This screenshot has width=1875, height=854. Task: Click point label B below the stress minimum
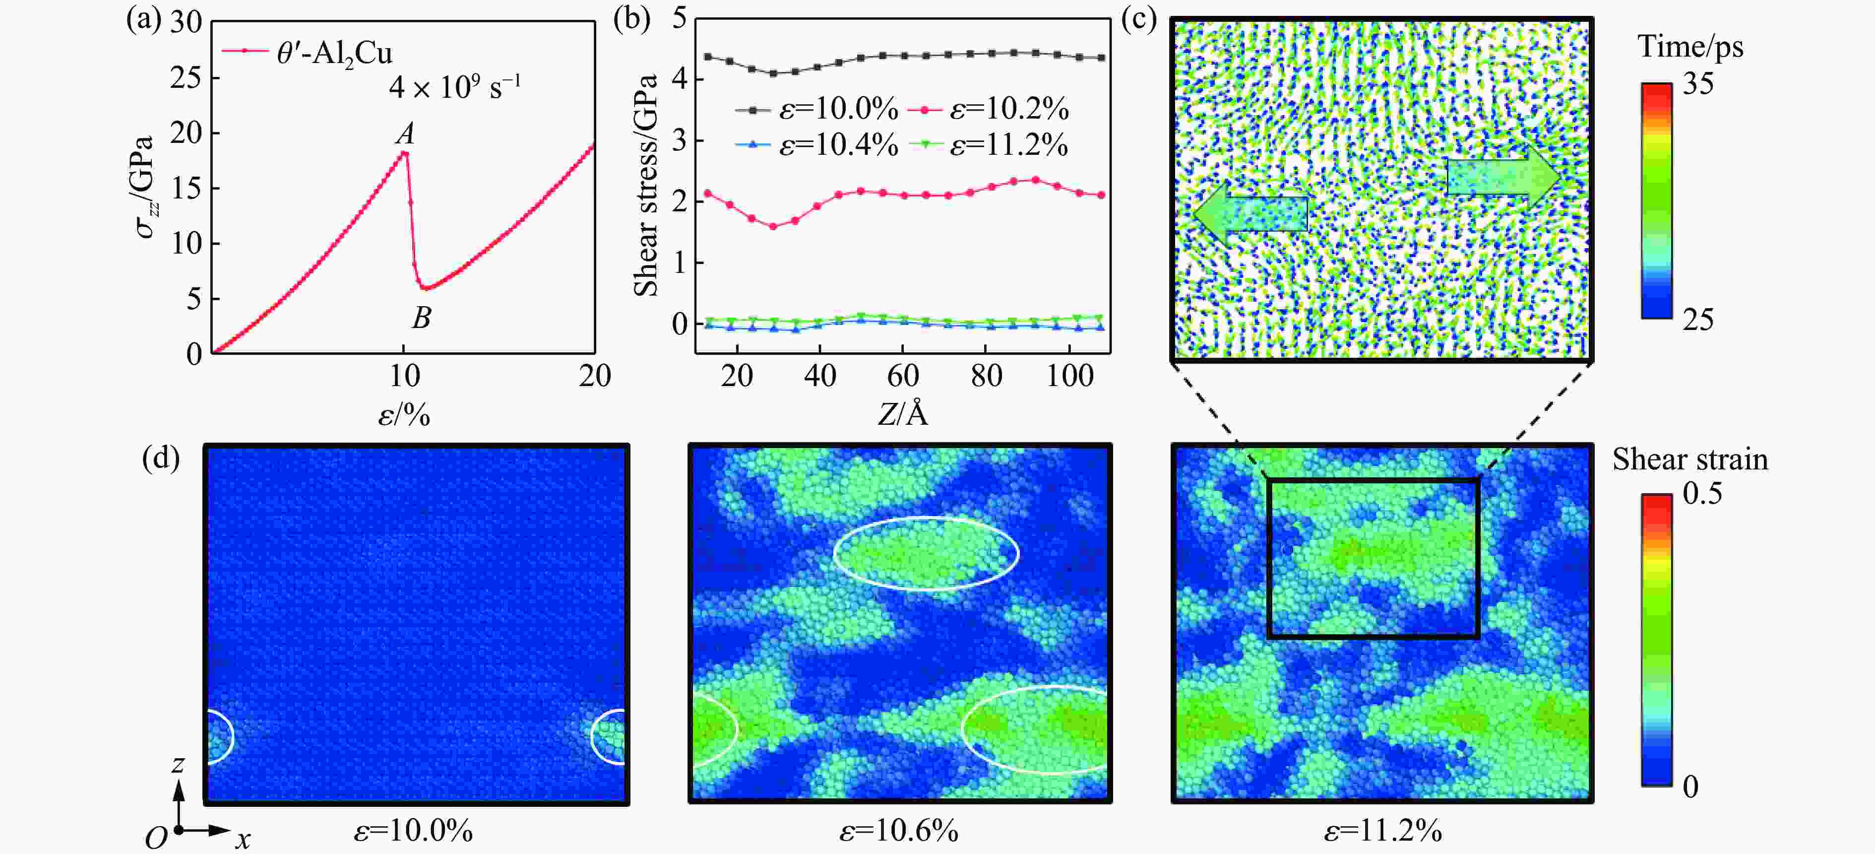click(422, 318)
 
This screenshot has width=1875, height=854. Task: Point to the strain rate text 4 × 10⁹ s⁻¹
click(454, 87)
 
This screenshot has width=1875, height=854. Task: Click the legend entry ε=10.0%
click(816, 109)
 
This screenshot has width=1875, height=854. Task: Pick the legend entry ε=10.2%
click(989, 109)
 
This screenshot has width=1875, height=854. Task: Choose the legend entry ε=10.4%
click(816, 145)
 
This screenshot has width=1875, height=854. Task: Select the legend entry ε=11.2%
click(989, 145)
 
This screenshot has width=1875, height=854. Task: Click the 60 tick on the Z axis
click(903, 376)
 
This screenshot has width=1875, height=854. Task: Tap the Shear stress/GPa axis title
click(646, 186)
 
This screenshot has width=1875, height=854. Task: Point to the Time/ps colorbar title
click(1690, 47)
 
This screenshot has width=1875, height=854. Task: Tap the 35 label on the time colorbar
click(1697, 84)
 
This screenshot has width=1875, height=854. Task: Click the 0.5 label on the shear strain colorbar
click(1702, 494)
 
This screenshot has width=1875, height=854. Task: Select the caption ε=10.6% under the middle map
click(898, 830)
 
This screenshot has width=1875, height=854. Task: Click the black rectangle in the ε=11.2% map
click(1373, 480)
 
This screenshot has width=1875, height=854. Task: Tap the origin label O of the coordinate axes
click(155, 838)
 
